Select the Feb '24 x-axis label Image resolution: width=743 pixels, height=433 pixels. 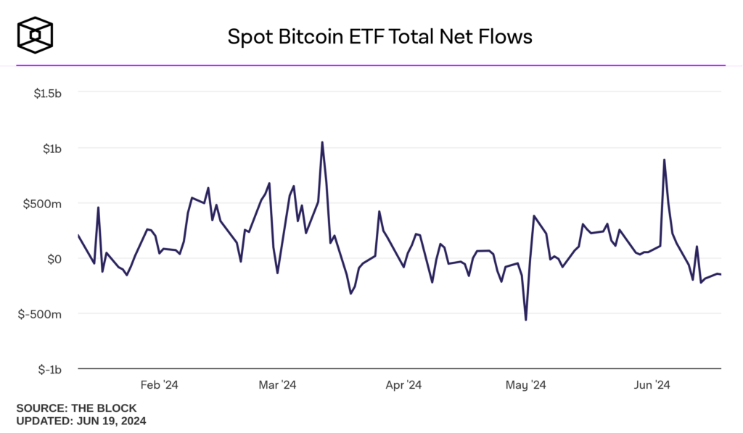[x=159, y=384]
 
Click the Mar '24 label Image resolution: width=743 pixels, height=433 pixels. [x=277, y=384]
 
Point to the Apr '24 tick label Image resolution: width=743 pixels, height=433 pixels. [x=403, y=384]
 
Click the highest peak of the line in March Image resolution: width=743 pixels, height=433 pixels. [x=322, y=142]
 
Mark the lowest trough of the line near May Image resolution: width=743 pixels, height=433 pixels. [x=525, y=320]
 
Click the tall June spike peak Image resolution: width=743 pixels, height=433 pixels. [x=664, y=160]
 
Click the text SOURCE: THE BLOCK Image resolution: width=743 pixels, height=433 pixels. [x=76, y=408]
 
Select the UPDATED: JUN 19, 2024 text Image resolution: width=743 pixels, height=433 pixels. [x=81, y=420]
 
